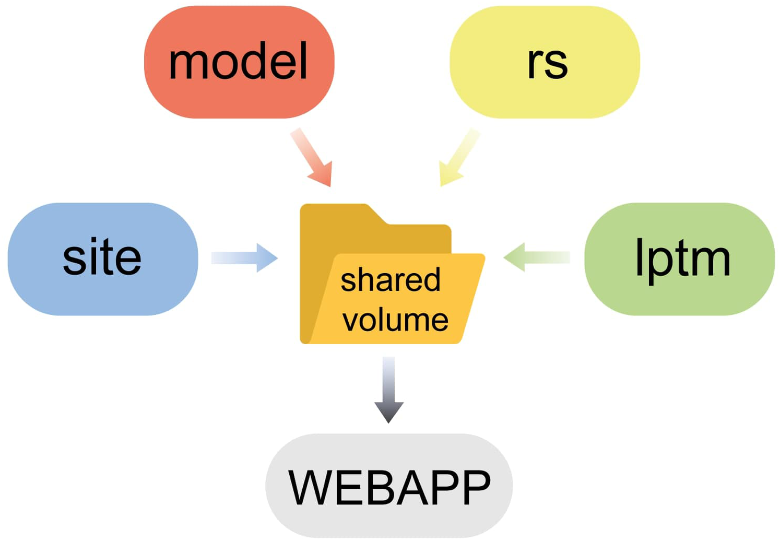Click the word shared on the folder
[391, 280]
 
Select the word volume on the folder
[395, 320]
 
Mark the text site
[102, 257]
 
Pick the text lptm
[682, 258]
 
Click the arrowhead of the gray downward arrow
[389, 411]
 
